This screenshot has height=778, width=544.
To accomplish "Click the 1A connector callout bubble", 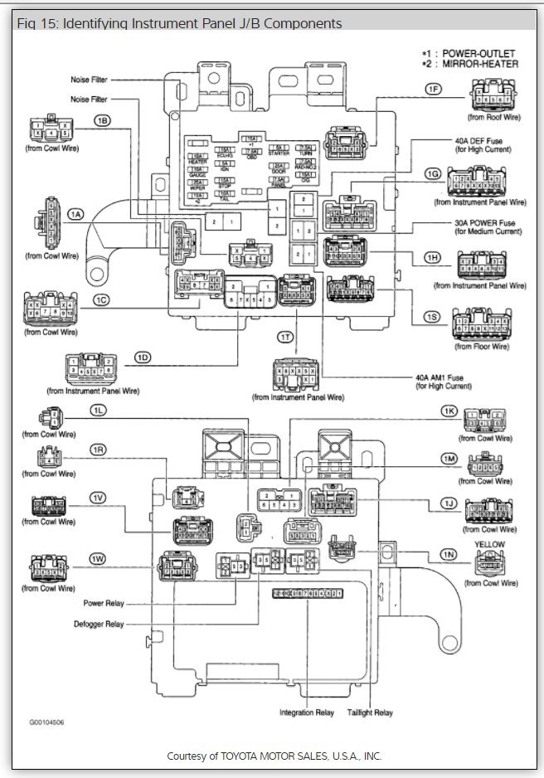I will [76, 214].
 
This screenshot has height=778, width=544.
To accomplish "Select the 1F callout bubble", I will [432, 89].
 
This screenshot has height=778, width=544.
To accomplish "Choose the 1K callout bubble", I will [449, 411].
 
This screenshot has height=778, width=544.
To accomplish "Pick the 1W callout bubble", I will [98, 557].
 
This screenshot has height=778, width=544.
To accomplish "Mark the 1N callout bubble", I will [449, 554].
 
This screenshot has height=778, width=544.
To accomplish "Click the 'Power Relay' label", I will [104, 603].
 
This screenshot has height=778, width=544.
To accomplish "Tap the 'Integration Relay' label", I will [305, 712].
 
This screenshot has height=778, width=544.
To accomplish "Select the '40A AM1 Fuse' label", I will [440, 378].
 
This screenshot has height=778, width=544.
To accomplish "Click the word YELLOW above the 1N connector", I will [488, 544].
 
